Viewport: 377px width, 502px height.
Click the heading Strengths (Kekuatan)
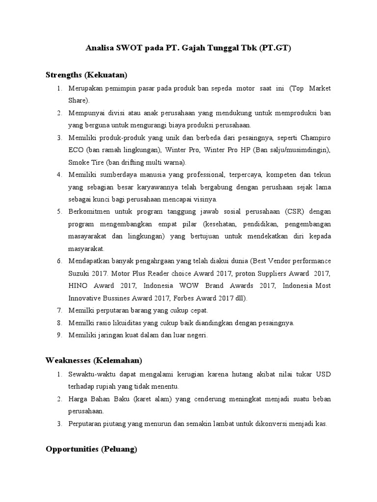[x=86, y=75]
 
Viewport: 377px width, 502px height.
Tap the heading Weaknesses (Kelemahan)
[x=94, y=360]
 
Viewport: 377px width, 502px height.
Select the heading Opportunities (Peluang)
[x=91, y=449]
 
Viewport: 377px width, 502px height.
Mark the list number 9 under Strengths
[x=59, y=335]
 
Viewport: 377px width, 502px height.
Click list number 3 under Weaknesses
[x=59, y=423]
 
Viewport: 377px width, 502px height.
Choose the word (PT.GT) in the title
[x=276, y=49]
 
